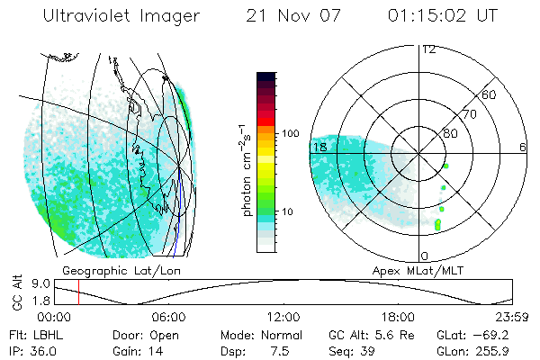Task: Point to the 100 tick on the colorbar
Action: tap(291, 133)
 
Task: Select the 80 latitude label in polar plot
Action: tap(449, 133)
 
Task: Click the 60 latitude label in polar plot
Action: tap(490, 94)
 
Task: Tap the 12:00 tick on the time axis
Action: tap(283, 317)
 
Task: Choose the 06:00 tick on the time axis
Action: tap(168, 317)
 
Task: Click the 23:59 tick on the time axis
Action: tap(512, 317)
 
